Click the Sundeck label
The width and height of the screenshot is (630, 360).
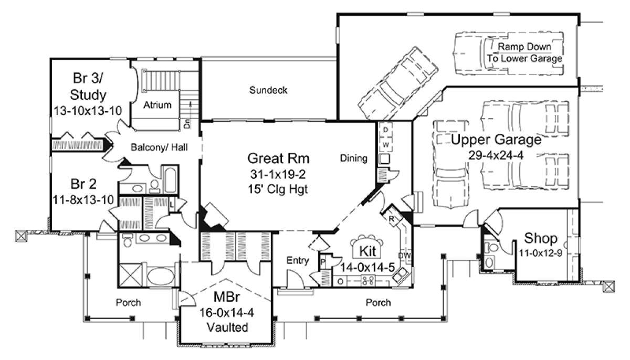[268, 90]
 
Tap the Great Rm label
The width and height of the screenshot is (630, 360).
[278, 158]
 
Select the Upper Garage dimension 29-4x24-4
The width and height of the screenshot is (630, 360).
[496, 155]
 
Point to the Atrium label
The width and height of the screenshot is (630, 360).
[157, 105]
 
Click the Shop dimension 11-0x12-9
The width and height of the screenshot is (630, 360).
[540, 253]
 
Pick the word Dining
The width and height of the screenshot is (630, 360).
[353, 158]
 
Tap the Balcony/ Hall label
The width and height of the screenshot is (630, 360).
[159, 147]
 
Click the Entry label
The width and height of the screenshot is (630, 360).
[298, 260]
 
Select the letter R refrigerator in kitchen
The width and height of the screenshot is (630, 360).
[391, 219]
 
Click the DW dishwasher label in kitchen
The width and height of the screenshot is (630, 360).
[404, 256]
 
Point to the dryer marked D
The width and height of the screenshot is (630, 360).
[385, 130]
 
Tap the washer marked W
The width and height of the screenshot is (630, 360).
[385, 145]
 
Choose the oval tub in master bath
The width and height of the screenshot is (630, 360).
[161, 276]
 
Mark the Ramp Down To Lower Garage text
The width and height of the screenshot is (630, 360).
[524, 52]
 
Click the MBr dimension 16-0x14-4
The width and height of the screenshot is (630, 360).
[227, 312]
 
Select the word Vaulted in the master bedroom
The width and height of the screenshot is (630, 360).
[227, 327]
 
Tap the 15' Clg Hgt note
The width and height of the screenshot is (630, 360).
[278, 189]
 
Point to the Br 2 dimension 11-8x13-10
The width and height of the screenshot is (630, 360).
[83, 200]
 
